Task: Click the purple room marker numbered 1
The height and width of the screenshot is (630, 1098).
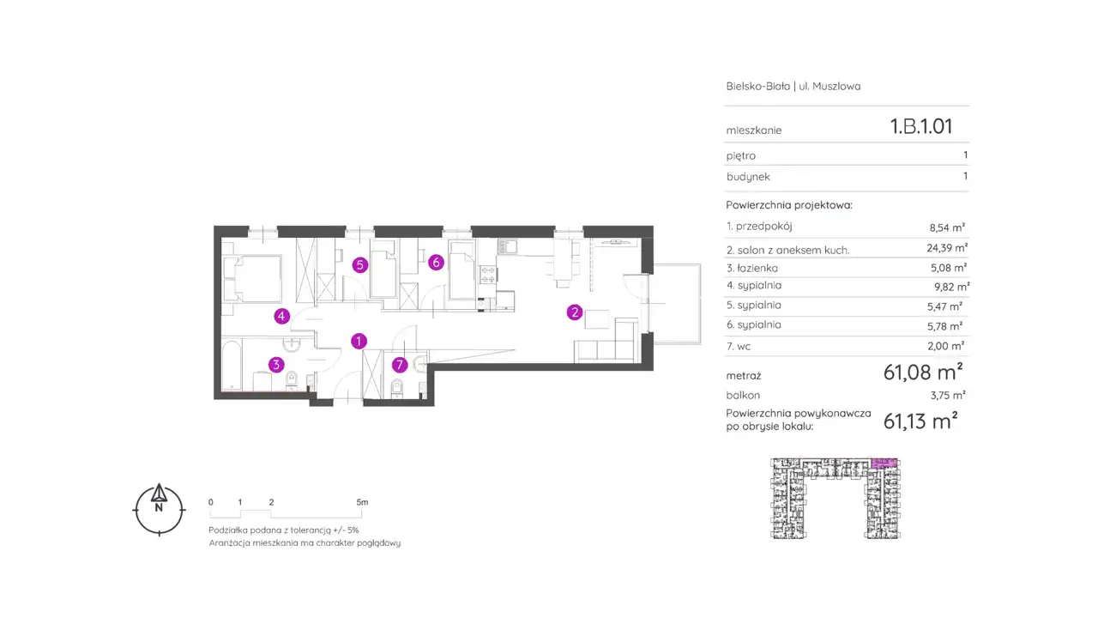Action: pyautogui.click(x=359, y=341)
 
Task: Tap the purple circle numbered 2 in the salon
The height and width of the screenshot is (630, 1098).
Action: pyautogui.click(x=575, y=312)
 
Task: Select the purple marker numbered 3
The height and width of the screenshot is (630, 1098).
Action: pyautogui.click(x=276, y=365)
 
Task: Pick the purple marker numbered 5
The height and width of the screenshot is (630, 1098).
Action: pyautogui.click(x=359, y=265)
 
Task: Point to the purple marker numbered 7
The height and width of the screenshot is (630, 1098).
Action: pyautogui.click(x=400, y=365)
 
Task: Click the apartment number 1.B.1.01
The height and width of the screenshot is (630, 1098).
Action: pyautogui.click(x=921, y=126)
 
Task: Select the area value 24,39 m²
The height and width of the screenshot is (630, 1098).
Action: pyautogui.click(x=947, y=248)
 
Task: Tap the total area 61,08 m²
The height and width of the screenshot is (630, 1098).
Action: pyautogui.click(x=923, y=373)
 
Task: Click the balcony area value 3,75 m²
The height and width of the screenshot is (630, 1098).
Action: pyautogui.click(x=948, y=395)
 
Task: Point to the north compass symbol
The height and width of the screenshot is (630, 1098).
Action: pyautogui.click(x=159, y=510)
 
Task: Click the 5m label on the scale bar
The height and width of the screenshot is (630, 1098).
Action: pyautogui.click(x=362, y=502)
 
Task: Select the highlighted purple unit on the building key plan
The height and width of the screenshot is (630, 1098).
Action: pyautogui.click(x=884, y=463)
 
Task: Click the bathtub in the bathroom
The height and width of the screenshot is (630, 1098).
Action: pyautogui.click(x=232, y=366)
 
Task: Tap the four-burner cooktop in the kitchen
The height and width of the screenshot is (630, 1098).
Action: pyautogui.click(x=488, y=275)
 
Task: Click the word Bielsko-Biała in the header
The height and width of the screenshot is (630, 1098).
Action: pyautogui.click(x=757, y=87)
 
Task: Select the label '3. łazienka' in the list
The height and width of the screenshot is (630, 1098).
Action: pyautogui.click(x=752, y=268)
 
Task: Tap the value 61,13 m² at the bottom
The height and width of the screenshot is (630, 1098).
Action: pyautogui.click(x=920, y=421)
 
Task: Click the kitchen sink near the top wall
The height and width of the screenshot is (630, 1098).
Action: pyautogui.click(x=508, y=246)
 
